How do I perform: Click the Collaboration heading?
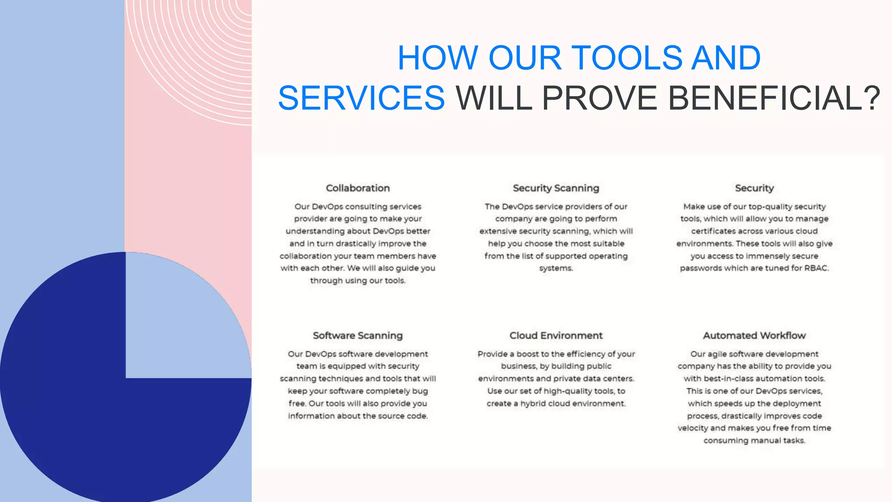(358, 188)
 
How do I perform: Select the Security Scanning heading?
(556, 188)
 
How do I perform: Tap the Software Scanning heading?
(358, 336)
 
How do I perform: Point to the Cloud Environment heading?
(556, 336)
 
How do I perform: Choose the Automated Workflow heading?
(754, 336)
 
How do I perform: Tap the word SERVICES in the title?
(362, 98)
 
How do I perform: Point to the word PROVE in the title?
(599, 98)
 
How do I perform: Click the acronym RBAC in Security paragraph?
(816, 268)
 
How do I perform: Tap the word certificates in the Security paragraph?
(714, 231)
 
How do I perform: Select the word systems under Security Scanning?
(555, 268)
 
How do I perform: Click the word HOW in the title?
(438, 58)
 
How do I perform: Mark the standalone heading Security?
(754, 188)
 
